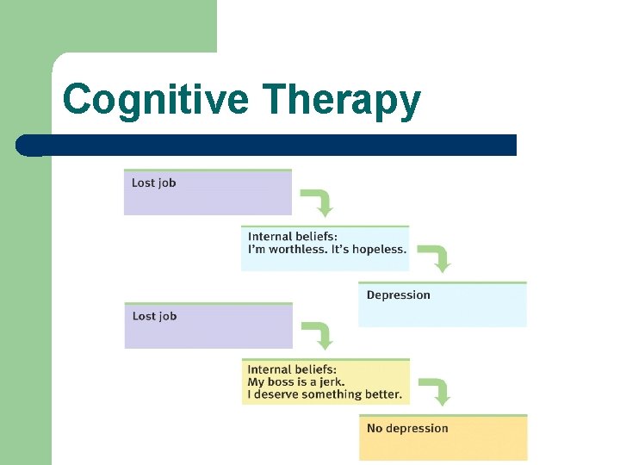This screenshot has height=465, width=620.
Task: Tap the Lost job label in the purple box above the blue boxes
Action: (153, 183)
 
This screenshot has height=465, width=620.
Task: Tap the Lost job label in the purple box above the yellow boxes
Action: (154, 316)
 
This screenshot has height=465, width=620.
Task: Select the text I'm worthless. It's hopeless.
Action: (327, 250)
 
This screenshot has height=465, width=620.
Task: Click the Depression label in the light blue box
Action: (398, 295)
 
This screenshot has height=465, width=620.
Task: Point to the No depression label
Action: (407, 428)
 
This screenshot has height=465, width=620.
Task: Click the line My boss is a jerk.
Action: (295, 382)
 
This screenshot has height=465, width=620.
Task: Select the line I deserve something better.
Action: (325, 395)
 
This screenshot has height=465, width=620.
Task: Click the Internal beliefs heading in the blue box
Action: (293, 237)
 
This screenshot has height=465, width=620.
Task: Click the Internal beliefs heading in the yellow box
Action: (293, 370)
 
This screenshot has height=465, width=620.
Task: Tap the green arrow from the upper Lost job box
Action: (321, 203)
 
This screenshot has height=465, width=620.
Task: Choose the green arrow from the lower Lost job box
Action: (321, 336)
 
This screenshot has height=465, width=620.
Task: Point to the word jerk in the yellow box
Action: (331, 382)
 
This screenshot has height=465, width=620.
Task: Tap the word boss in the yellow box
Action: (282, 382)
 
